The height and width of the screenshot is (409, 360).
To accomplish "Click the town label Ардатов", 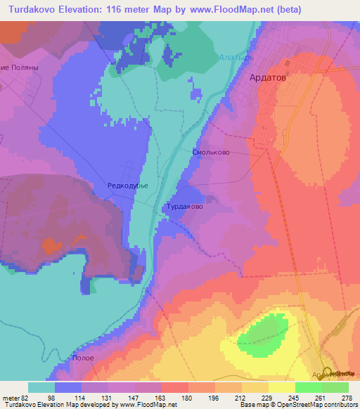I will click(x=269, y=79).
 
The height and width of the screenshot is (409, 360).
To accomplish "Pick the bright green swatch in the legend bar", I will click(x=308, y=387).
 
